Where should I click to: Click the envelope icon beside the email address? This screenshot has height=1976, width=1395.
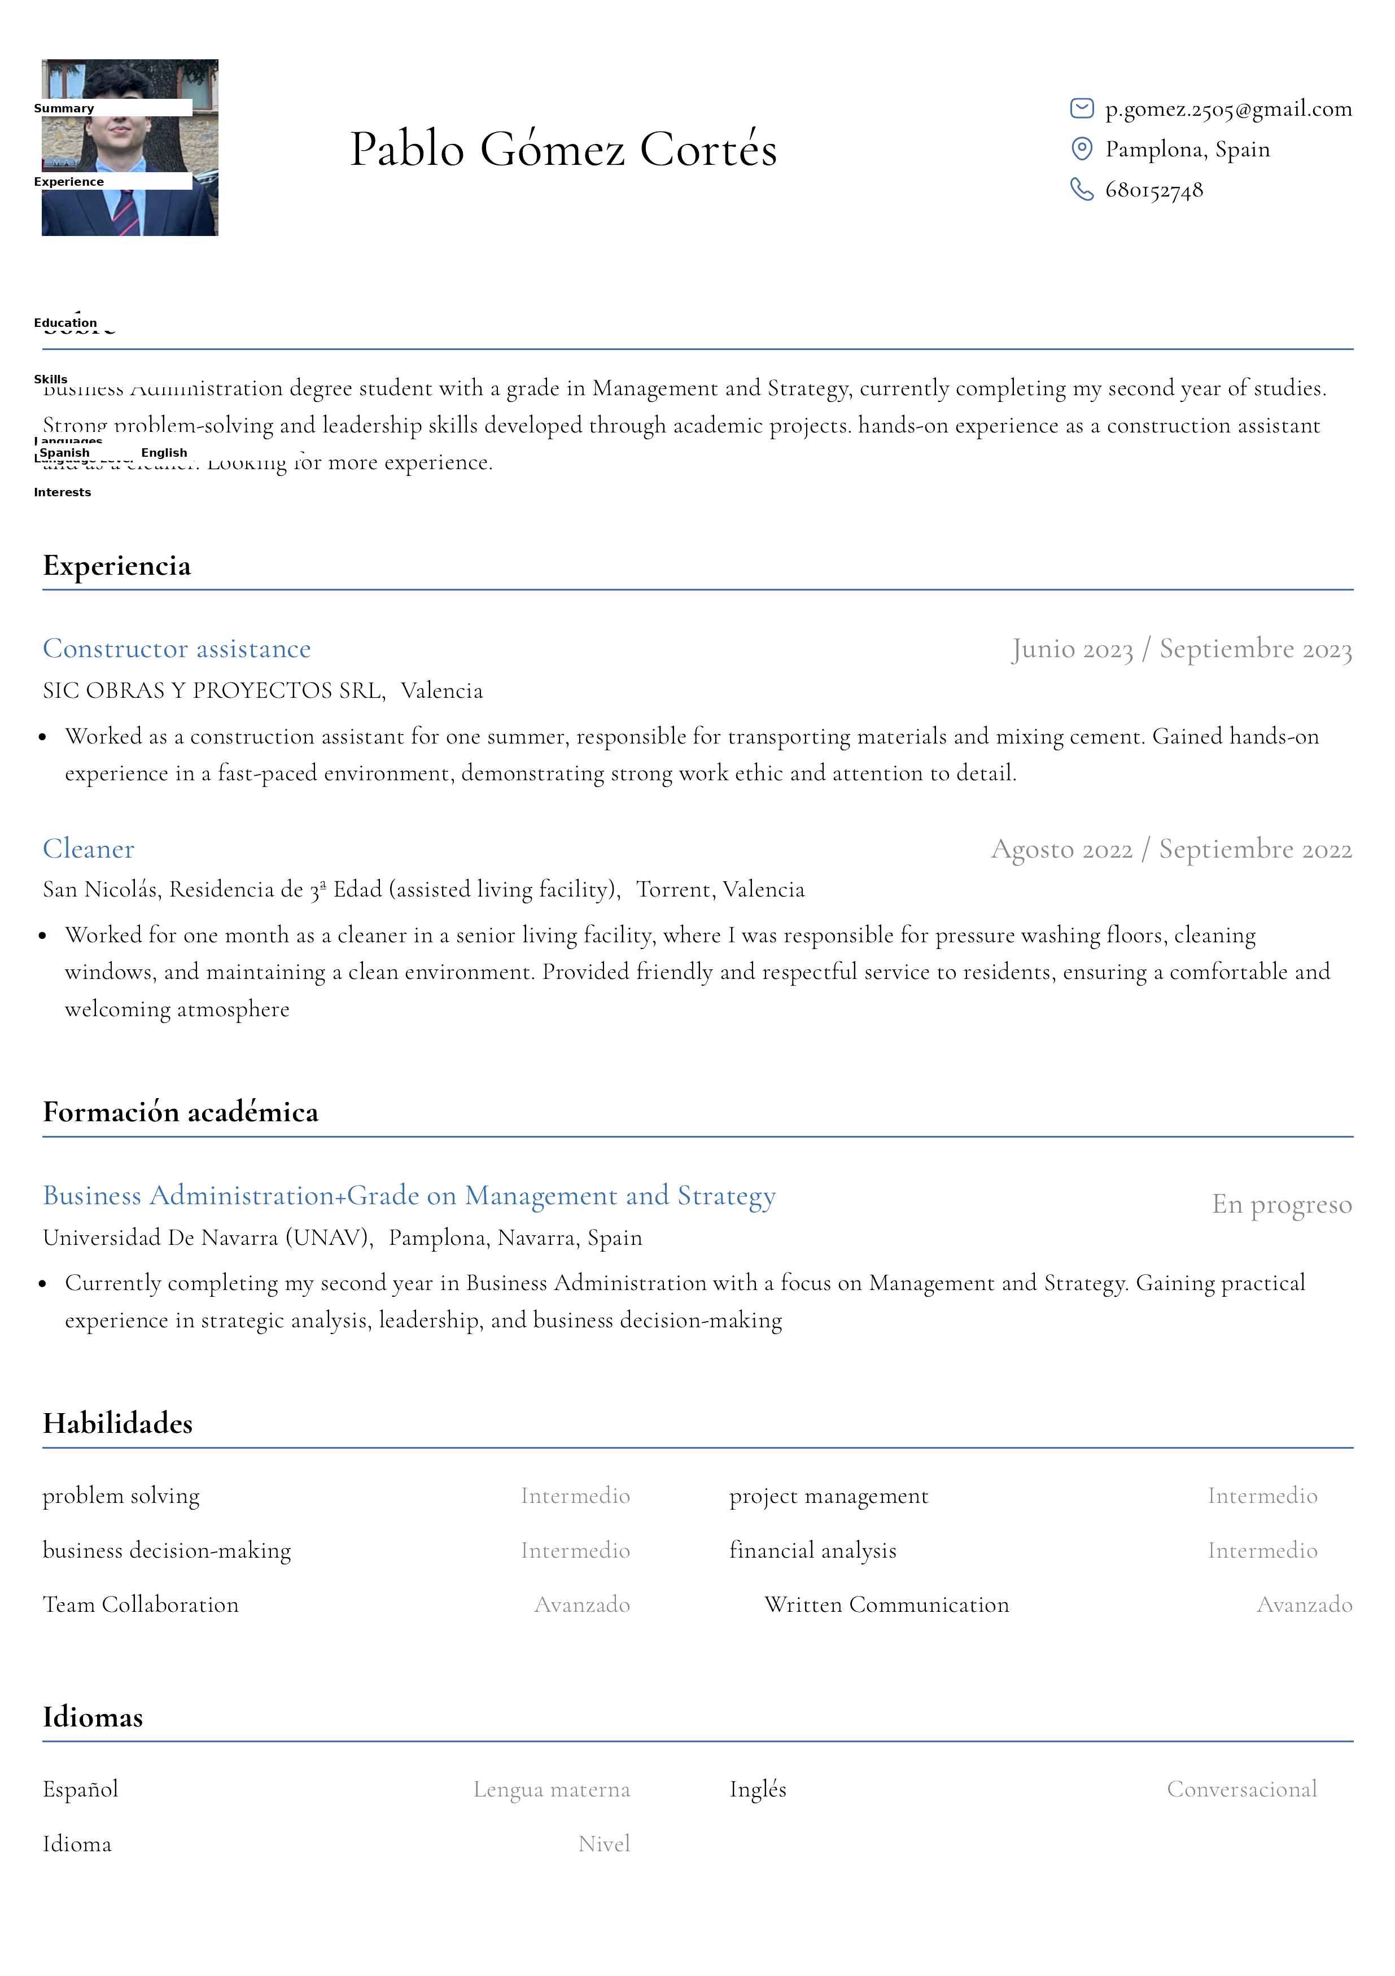tap(1081, 108)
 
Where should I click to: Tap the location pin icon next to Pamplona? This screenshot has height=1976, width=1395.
tap(1081, 149)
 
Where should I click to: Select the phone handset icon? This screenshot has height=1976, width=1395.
tap(1081, 189)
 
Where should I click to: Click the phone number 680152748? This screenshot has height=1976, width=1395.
tap(1153, 190)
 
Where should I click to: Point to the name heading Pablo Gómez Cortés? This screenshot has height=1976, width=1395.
tap(563, 149)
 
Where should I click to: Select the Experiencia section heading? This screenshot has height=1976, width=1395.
tap(117, 566)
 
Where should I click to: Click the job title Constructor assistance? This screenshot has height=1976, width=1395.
tap(176, 648)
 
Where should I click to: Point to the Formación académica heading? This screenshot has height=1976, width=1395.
tap(181, 1112)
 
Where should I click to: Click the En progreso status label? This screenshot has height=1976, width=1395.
tap(1282, 1204)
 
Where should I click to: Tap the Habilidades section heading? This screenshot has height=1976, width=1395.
tap(118, 1423)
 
